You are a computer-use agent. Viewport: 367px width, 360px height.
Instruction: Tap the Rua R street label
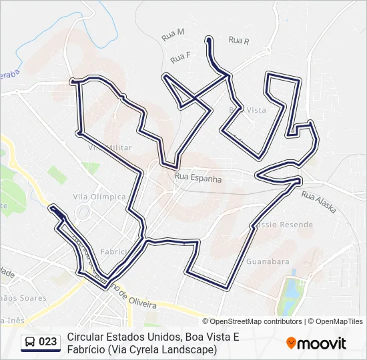238,41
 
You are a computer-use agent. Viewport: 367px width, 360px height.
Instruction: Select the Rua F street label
180,58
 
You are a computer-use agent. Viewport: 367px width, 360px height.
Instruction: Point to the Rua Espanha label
198,179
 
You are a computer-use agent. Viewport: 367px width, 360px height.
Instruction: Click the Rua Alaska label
318,201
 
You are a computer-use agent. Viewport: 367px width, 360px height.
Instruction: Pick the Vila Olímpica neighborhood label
99,197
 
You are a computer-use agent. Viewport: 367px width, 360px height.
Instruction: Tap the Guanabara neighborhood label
268,261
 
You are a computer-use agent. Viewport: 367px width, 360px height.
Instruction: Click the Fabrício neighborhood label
113,251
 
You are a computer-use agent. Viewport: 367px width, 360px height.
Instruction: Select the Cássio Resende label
284,225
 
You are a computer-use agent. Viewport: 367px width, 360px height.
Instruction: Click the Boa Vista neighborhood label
248,109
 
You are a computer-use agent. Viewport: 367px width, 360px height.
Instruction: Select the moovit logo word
322,343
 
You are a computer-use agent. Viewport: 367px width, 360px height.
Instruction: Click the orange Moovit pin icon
291,343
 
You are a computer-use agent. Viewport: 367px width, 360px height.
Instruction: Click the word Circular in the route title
86,337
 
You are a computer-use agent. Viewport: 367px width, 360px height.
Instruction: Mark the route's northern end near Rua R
209,40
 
